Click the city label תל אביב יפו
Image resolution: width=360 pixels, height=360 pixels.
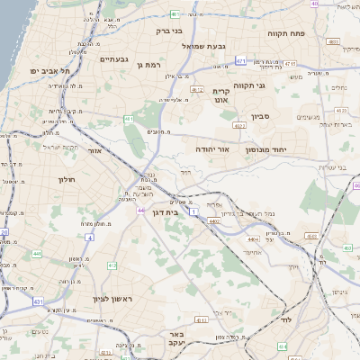click(x=46, y=70)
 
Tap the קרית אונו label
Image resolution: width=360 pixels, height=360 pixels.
click(x=222, y=95)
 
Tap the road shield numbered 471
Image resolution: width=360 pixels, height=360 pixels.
click(x=240, y=61)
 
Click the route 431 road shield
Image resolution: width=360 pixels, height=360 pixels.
click(x=38, y=302)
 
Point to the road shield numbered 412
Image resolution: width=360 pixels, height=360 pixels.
click(x=112, y=265)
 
